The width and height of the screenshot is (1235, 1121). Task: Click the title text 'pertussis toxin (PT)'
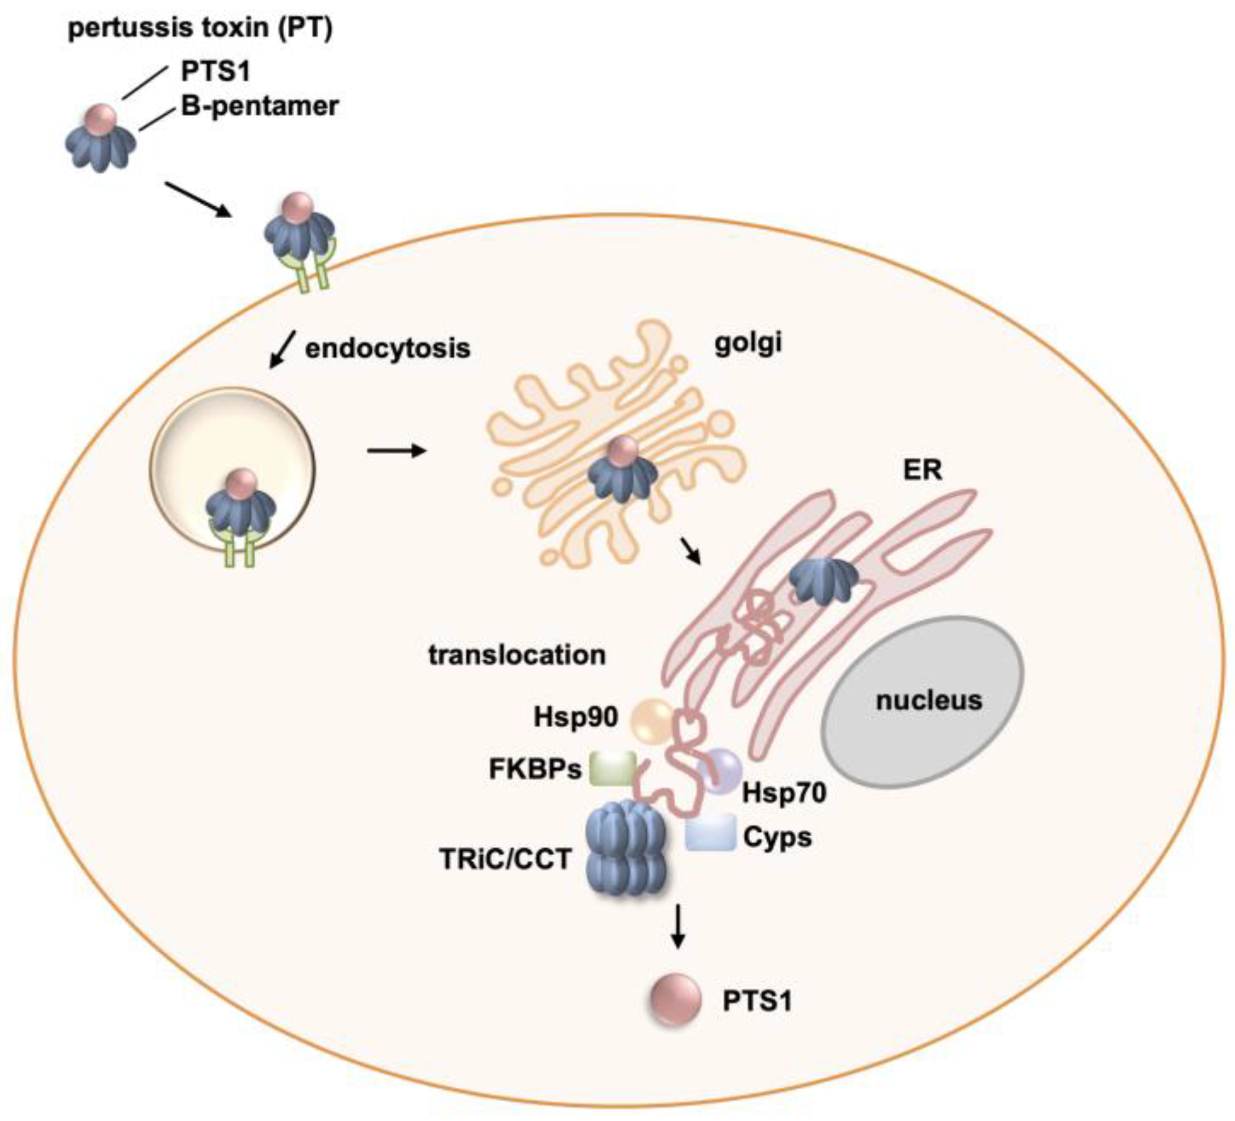199,29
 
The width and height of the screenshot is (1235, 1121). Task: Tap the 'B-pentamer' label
259,106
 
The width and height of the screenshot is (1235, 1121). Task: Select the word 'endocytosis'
387,348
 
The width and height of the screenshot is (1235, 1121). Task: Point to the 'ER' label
922,470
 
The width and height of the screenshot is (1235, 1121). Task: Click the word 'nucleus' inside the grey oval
929,700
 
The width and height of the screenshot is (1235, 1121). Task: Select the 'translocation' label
517,655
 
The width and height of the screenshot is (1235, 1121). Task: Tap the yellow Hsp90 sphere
651,721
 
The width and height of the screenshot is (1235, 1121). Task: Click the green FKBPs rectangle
612,769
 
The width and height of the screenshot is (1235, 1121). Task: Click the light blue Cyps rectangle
710,832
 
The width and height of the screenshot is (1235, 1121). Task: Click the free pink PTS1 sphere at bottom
675,1001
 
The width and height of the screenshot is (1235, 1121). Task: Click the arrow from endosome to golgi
396,452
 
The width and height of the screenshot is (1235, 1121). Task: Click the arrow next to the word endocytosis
282,351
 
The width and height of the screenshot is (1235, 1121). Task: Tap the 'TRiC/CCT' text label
505,860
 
